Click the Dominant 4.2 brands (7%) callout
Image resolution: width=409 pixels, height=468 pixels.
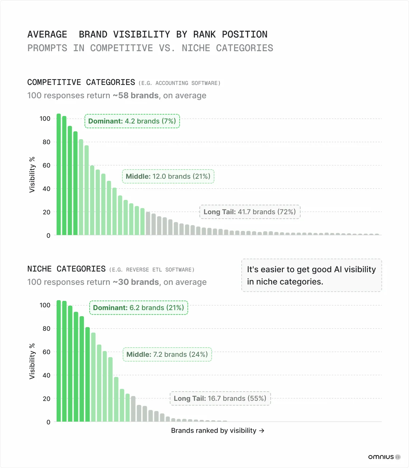(x=132, y=121)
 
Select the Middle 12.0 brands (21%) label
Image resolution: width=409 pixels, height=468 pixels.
(x=168, y=176)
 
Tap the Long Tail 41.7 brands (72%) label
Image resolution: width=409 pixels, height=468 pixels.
(x=249, y=212)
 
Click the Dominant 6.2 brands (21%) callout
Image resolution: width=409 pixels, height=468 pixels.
(x=138, y=308)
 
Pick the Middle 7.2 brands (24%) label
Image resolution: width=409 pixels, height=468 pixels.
(x=167, y=354)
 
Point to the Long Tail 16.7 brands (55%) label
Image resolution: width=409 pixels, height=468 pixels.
(x=220, y=398)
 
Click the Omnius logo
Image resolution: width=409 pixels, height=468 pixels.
(x=384, y=457)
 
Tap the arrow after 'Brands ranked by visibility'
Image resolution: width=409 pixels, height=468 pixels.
(x=262, y=431)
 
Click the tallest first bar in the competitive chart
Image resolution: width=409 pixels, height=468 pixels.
(x=59, y=174)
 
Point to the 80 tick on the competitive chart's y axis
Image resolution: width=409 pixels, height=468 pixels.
(x=46, y=142)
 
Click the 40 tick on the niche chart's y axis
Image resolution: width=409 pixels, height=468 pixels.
(x=46, y=375)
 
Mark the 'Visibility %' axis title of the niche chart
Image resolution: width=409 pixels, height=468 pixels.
(x=32, y=361)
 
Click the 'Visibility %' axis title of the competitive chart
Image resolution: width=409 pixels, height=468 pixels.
(x=32, y=175)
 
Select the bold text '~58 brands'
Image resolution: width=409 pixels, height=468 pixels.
(x=136, y=96)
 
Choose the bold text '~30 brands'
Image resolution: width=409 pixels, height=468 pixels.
(x=136, y=282)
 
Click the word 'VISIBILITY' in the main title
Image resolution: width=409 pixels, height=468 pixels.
(x=141, y=34)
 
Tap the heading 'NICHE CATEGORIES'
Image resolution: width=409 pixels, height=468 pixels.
(x=66, y=269)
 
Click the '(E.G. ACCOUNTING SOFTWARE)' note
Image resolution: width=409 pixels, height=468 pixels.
(x=179, y=83)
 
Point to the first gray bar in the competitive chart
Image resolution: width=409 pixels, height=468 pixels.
(x=148, y=223)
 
